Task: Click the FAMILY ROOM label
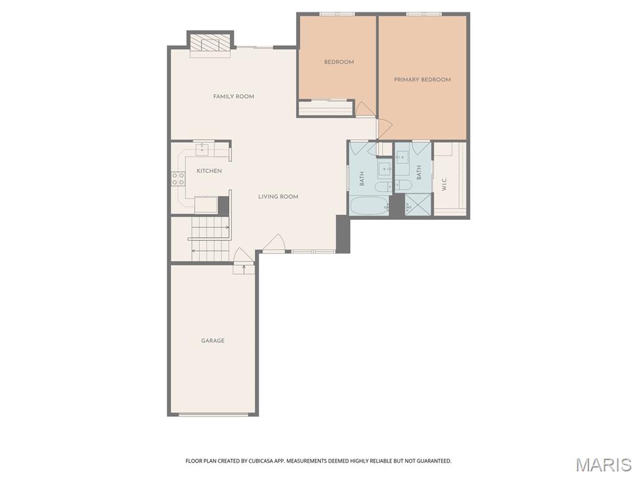pos(233,96)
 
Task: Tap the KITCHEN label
pos(209,171)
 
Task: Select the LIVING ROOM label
pos(278,197)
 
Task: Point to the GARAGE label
pos(213,340)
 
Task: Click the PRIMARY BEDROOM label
pos(422,79)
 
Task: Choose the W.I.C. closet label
pos(444,184)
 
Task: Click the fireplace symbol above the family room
pos(210,43)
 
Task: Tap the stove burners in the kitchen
pos(178,179)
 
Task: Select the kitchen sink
pos(203,149)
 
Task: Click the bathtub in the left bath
pos(368,206)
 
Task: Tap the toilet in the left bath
pos(383,186)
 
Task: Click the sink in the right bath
pos(402,157)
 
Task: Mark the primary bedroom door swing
pos(383,129)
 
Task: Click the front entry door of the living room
pos(274,244)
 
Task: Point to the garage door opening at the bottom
pos(213,414)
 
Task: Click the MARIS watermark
pos(603,465)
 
